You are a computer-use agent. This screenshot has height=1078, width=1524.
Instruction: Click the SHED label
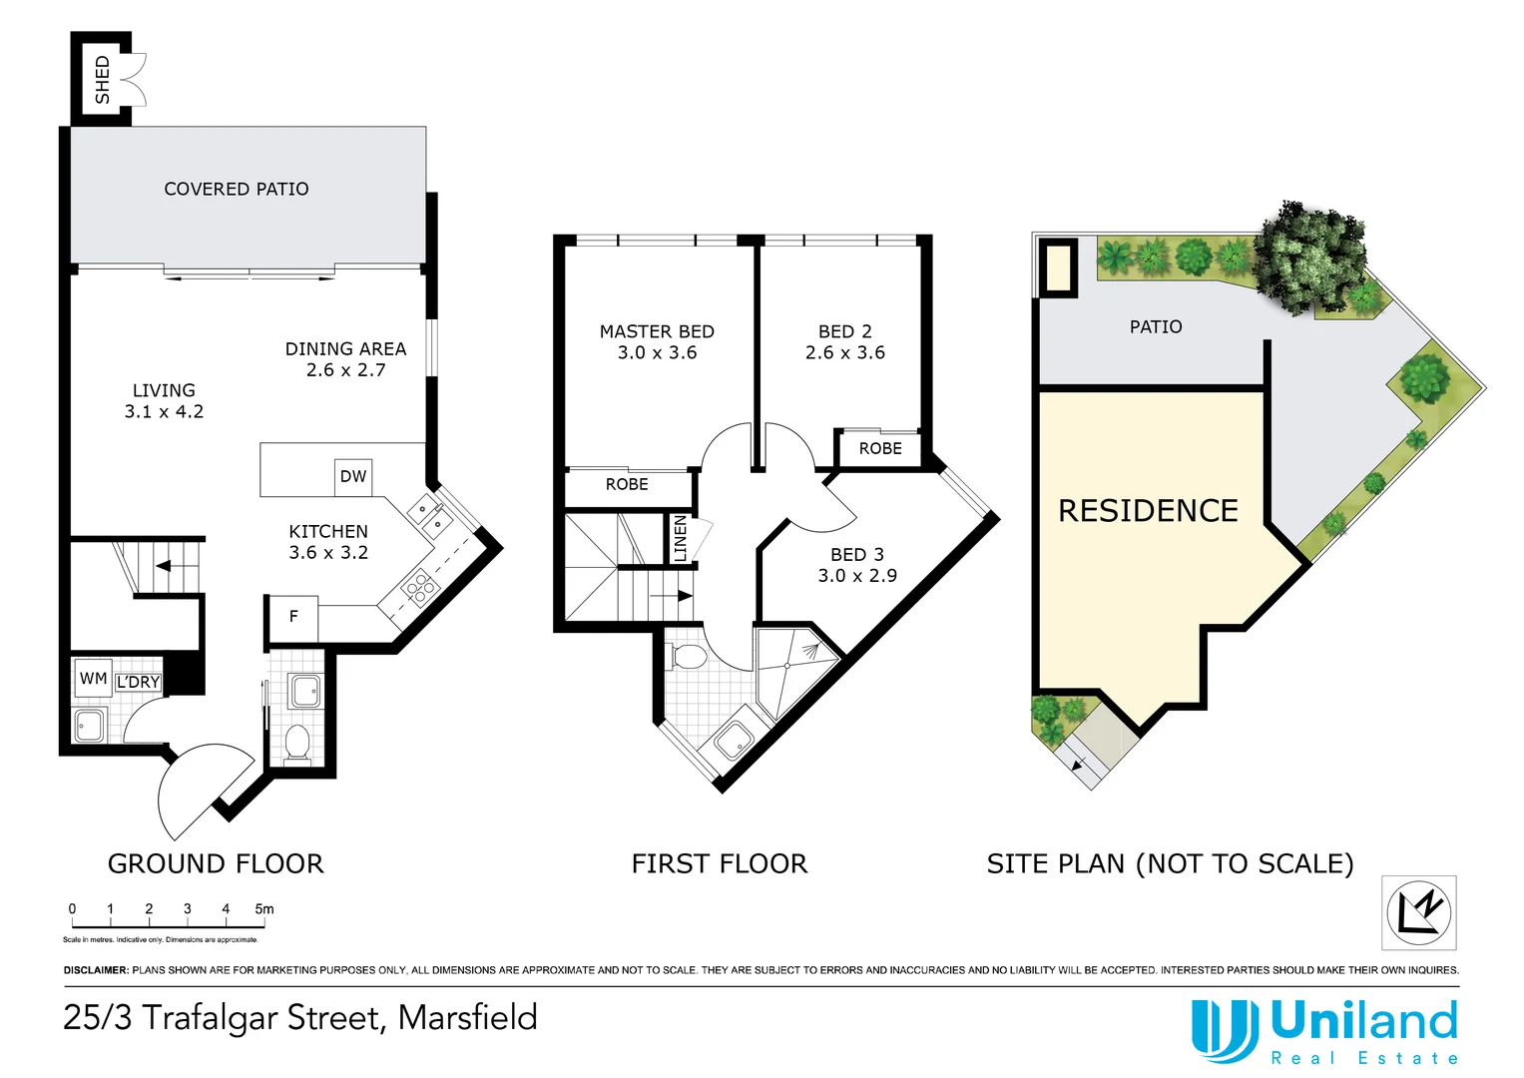point(102,80)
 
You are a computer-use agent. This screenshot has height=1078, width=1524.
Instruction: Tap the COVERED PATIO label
point(237,189)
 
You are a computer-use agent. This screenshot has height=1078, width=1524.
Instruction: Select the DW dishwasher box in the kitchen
point(353,476)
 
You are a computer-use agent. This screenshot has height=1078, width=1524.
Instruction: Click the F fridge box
point(293,617)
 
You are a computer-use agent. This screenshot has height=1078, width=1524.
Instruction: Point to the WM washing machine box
point(93,679)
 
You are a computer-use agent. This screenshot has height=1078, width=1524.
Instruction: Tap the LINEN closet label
point(681,538)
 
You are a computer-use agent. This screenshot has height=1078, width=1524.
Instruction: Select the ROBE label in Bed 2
point(879,449)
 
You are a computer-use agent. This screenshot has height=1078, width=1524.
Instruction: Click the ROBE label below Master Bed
point(627,485)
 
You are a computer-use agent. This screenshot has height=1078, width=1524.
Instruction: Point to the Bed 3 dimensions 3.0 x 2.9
point(856,576)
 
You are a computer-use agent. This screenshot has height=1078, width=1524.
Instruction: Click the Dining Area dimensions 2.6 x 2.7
point(345,370)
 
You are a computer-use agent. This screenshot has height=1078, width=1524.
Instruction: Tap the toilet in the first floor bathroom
point(689,657)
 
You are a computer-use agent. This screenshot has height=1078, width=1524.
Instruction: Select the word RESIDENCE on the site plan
point(1148,511)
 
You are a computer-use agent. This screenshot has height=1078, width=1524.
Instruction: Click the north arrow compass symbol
point(1418,912)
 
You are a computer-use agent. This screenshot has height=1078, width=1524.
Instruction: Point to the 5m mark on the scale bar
point(263,909)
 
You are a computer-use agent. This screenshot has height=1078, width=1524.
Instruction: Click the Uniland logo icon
point(1225,1030)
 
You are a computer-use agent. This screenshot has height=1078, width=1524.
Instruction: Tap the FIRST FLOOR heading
point(719,863)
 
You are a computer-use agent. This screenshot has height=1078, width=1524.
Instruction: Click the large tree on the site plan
point(1310,255)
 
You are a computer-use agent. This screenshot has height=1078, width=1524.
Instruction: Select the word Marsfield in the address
point(467,1018)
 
